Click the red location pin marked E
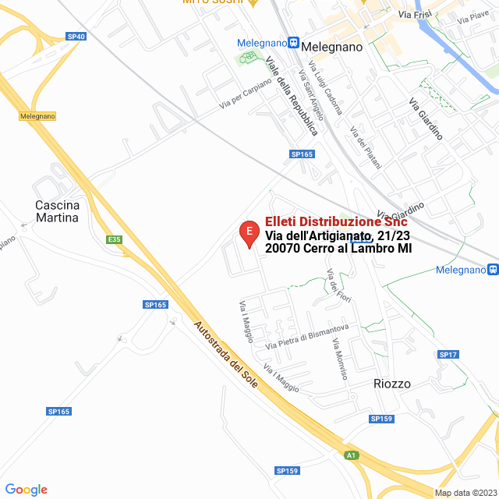(248, 233)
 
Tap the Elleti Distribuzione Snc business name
(336, 222)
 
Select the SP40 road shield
(76, 37)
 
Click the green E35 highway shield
(115, 239)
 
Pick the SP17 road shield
(447, 355)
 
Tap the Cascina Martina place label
(57, 211)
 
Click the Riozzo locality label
(391, 384)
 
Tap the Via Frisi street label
(411, 14)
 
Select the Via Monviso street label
(339, 359)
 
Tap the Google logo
(26, 490)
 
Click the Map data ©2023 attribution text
(465, 493)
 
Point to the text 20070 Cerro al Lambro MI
(338, 249)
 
